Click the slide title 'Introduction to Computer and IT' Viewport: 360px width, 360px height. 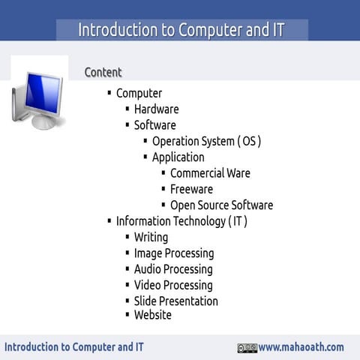click(x=182, y=30)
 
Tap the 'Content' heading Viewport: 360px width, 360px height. click(x=103, y=72)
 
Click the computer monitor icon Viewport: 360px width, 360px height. click(x=37, y=99)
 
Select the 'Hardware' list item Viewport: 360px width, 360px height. click(x=156, y=109)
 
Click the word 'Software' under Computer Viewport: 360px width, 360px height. click(x=154, y=125)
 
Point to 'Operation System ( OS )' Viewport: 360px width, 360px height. click(x=206, y=141)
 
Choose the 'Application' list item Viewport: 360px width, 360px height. click(x=178, y=157)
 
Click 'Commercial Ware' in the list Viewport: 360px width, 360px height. click(x=210, y=173)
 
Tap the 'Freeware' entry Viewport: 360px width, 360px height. click(x=191, y=189)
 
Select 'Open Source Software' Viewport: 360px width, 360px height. click(x=221, y=205)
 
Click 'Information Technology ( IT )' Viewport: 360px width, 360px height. click(x=181, y=221)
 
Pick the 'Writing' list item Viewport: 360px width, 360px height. click(x=151, y=238)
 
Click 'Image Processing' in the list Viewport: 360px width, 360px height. click(x=173, y=253)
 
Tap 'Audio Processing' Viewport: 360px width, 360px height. click(x=172, y=269)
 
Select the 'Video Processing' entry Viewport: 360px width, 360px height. click(x=172, y=285)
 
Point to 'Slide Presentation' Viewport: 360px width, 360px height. click(x=175, y=301)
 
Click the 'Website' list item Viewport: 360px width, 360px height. click(x=152, y=315)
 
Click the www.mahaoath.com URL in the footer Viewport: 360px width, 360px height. click(x=301, y=347)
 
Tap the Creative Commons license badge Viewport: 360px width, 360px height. click(x=247, y=348)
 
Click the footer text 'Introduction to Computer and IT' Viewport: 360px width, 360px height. click(x=73, y=347)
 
